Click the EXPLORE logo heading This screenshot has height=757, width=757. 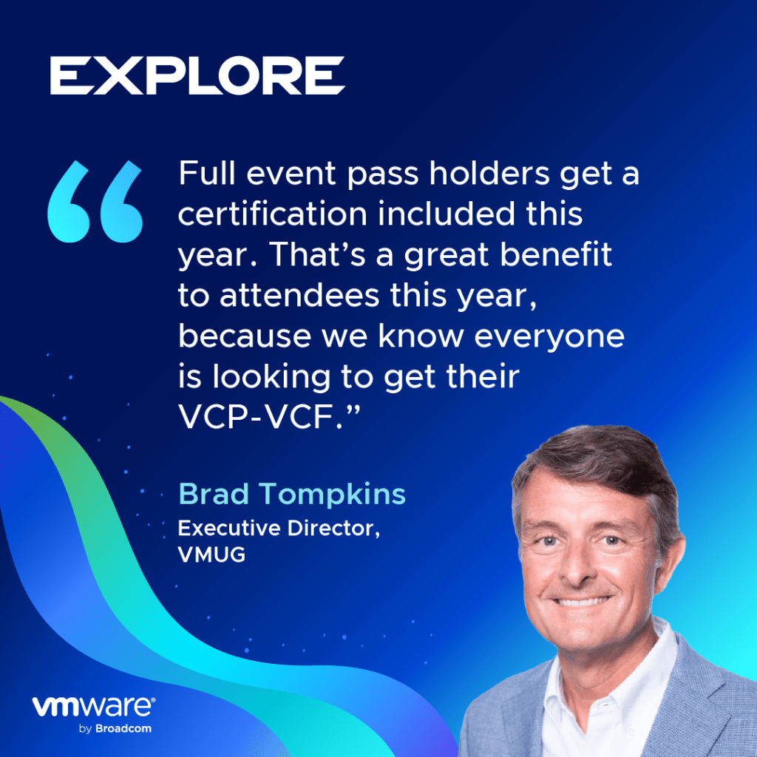tap(197, 75)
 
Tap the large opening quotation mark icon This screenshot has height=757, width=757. tap(95, 201)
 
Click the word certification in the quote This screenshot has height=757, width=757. tap(273, 214)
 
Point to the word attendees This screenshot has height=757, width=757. tap(299, 295)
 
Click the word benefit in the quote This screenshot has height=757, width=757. tap(556, 254)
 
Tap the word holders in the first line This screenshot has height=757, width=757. tap(489, 173)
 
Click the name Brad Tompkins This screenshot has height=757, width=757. tap(292, 494)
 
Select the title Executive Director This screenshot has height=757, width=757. tap(279, 528)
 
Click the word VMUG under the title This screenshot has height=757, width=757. tap(211, 554)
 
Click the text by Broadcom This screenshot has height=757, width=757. tap(115, 728)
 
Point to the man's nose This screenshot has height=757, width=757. tap(580, 567)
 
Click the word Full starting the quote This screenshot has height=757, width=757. tap(207, 173)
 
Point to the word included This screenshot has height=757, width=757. tap(447, 214)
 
